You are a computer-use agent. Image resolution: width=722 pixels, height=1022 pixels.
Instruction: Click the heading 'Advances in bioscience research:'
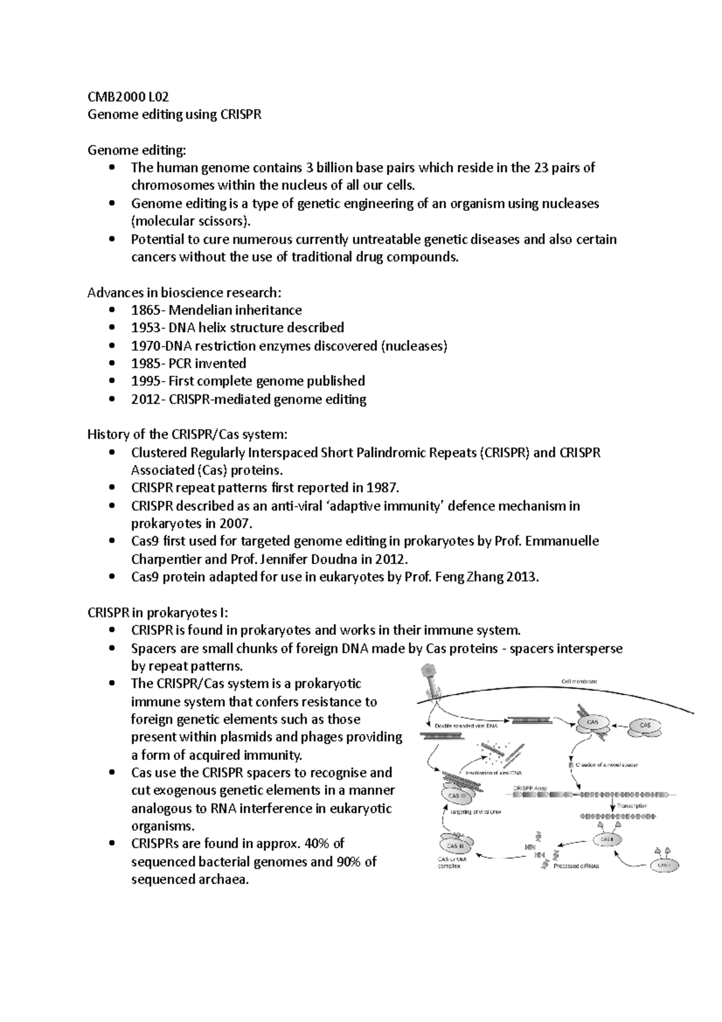[x=184, y=293]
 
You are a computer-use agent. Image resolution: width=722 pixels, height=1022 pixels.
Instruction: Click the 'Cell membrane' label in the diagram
[x=579, y=681]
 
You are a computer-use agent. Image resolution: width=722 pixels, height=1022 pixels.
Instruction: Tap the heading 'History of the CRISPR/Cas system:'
[x=188, y=435]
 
